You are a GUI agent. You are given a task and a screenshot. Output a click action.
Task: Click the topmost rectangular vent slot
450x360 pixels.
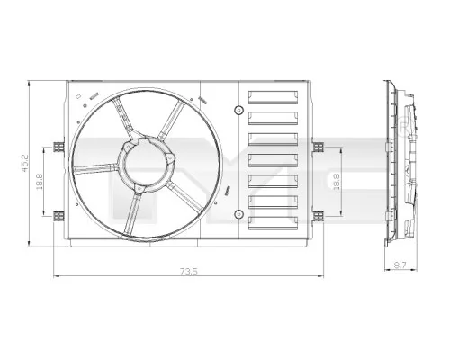273,98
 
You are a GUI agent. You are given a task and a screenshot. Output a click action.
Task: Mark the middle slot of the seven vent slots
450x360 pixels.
273,158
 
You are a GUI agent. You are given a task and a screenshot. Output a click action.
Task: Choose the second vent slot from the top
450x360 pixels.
273,118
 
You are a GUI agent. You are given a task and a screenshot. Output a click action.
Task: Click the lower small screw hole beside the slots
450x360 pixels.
238,214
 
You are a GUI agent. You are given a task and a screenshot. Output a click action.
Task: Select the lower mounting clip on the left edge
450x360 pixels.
60,214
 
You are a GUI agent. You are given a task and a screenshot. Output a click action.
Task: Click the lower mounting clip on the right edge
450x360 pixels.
316,214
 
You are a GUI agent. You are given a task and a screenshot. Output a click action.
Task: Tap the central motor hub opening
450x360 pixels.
144,163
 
